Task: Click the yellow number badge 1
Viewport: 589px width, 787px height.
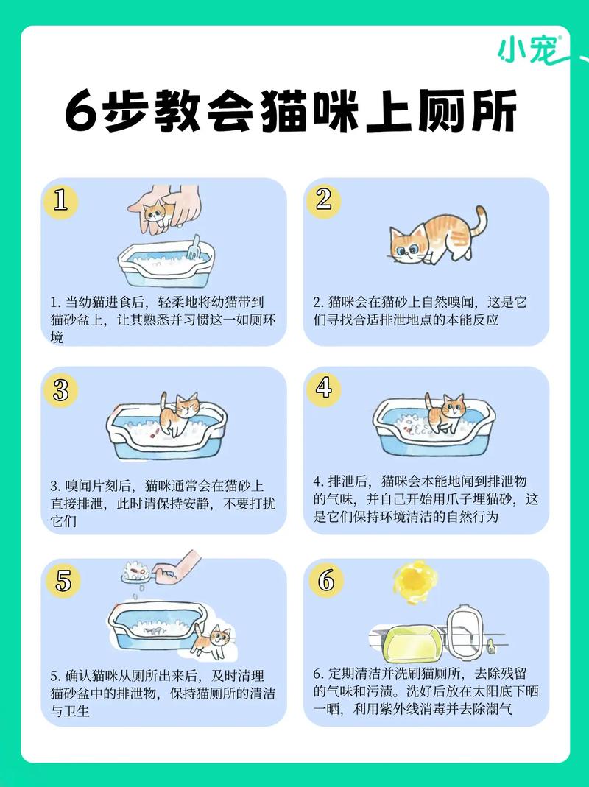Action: tap(60, 200)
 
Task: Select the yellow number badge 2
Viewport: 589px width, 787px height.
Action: tap(324, 200)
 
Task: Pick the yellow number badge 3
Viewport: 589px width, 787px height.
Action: tap(60, 389)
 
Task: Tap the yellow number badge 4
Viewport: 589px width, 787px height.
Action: tap(324, 388)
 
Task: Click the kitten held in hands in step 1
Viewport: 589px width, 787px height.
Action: tap(155, 214)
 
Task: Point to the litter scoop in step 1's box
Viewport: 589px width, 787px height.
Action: tap(193, 248)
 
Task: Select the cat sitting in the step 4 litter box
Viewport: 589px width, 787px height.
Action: tap(444, 414)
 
